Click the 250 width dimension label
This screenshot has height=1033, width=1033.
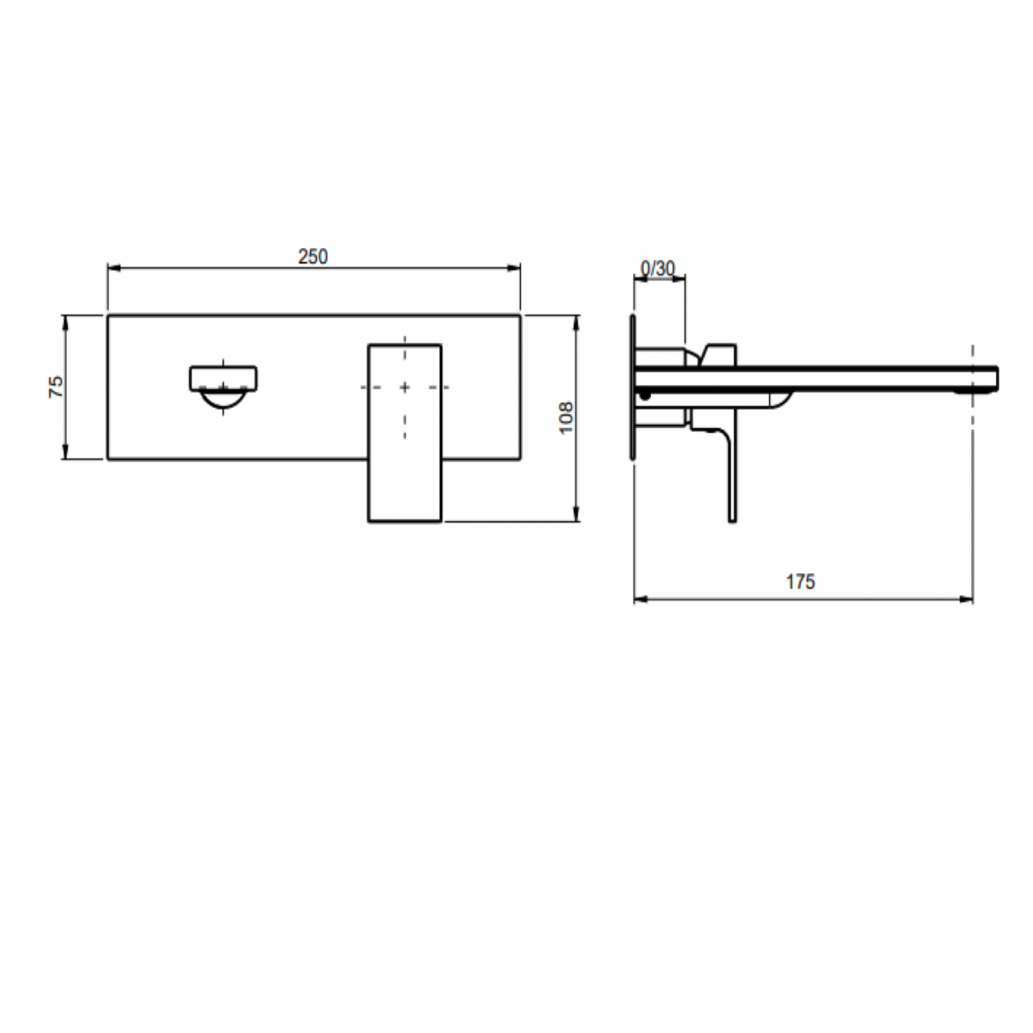[x=313, y=257]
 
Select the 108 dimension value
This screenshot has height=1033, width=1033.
[x=567, y=418]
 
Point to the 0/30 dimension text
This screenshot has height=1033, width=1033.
[x=657, y=269]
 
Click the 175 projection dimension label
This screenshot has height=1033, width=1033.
[x=801, y=582]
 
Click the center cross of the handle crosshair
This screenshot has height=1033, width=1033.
[x=405, y=387]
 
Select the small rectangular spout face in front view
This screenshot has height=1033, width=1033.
[x=223, y=377]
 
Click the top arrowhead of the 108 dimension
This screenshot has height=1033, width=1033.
[x=576, y=320]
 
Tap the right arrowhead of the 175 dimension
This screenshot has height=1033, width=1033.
[x=968, y=599]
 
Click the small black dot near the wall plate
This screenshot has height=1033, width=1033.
[x=645, y=394]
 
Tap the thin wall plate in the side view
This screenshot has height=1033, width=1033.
[x=633, y=387]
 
